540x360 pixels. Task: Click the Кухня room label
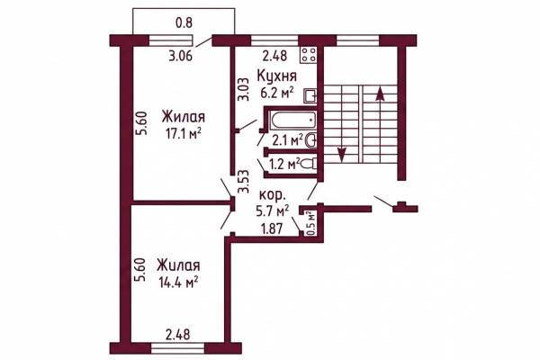[277, 76]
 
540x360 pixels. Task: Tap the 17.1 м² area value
[184, 133]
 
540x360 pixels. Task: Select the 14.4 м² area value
[178, 282]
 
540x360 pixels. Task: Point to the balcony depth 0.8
[184, 22]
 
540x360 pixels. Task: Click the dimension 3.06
[181, 56]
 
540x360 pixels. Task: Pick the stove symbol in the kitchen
[308, 55]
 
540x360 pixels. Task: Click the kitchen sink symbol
[310, 96]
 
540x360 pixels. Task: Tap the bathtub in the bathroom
[292, 121]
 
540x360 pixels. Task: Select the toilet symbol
[309, 164]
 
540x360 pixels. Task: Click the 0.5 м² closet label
[311, 223]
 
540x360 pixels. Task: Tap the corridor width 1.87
[272, 229]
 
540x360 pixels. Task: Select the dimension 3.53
[244, 182]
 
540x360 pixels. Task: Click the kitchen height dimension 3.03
[244, 89]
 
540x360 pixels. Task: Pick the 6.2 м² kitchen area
[277, 93]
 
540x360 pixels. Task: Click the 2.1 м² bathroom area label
[287, 140]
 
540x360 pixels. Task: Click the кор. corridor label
[272, 195]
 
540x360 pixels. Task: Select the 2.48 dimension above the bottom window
[178, 335]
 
